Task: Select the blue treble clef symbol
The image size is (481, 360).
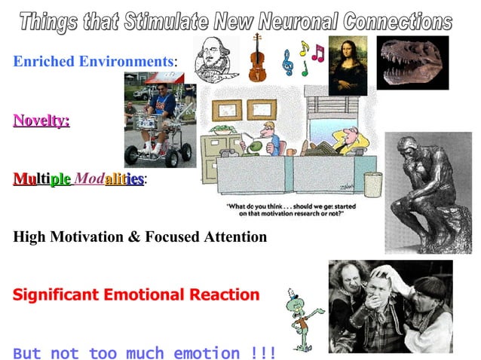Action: click(287, 63)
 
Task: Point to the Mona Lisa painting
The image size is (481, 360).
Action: click(348, 66)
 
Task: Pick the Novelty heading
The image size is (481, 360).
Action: click(41, 120)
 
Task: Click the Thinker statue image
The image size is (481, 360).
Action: click(427, 192)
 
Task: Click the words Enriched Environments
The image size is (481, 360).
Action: click(93, 60)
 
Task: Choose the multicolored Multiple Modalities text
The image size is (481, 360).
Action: click(80, 179)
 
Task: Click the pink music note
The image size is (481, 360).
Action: click(317, 53)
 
